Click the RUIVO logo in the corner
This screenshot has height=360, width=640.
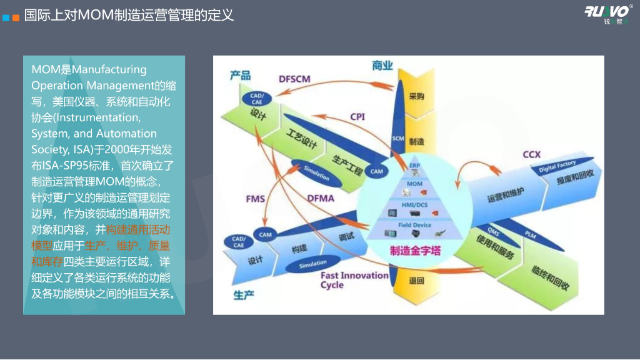(608, 12)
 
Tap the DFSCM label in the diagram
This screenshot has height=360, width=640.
(294, 78)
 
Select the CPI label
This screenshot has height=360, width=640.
(357, 116)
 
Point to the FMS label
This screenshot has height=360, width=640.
(255, 199)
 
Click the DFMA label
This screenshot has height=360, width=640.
(321, 199)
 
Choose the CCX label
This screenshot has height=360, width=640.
(531, 155)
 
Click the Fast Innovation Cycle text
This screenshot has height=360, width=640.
(354, 280)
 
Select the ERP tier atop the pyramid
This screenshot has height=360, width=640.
(414, 166)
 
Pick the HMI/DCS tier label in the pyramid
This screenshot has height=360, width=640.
(414, 204)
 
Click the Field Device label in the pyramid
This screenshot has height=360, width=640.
(415, 224)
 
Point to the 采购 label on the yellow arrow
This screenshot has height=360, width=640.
(416, 97)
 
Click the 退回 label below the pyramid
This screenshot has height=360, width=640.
(416, 281)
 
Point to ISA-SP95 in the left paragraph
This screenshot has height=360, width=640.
(54, 166)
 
